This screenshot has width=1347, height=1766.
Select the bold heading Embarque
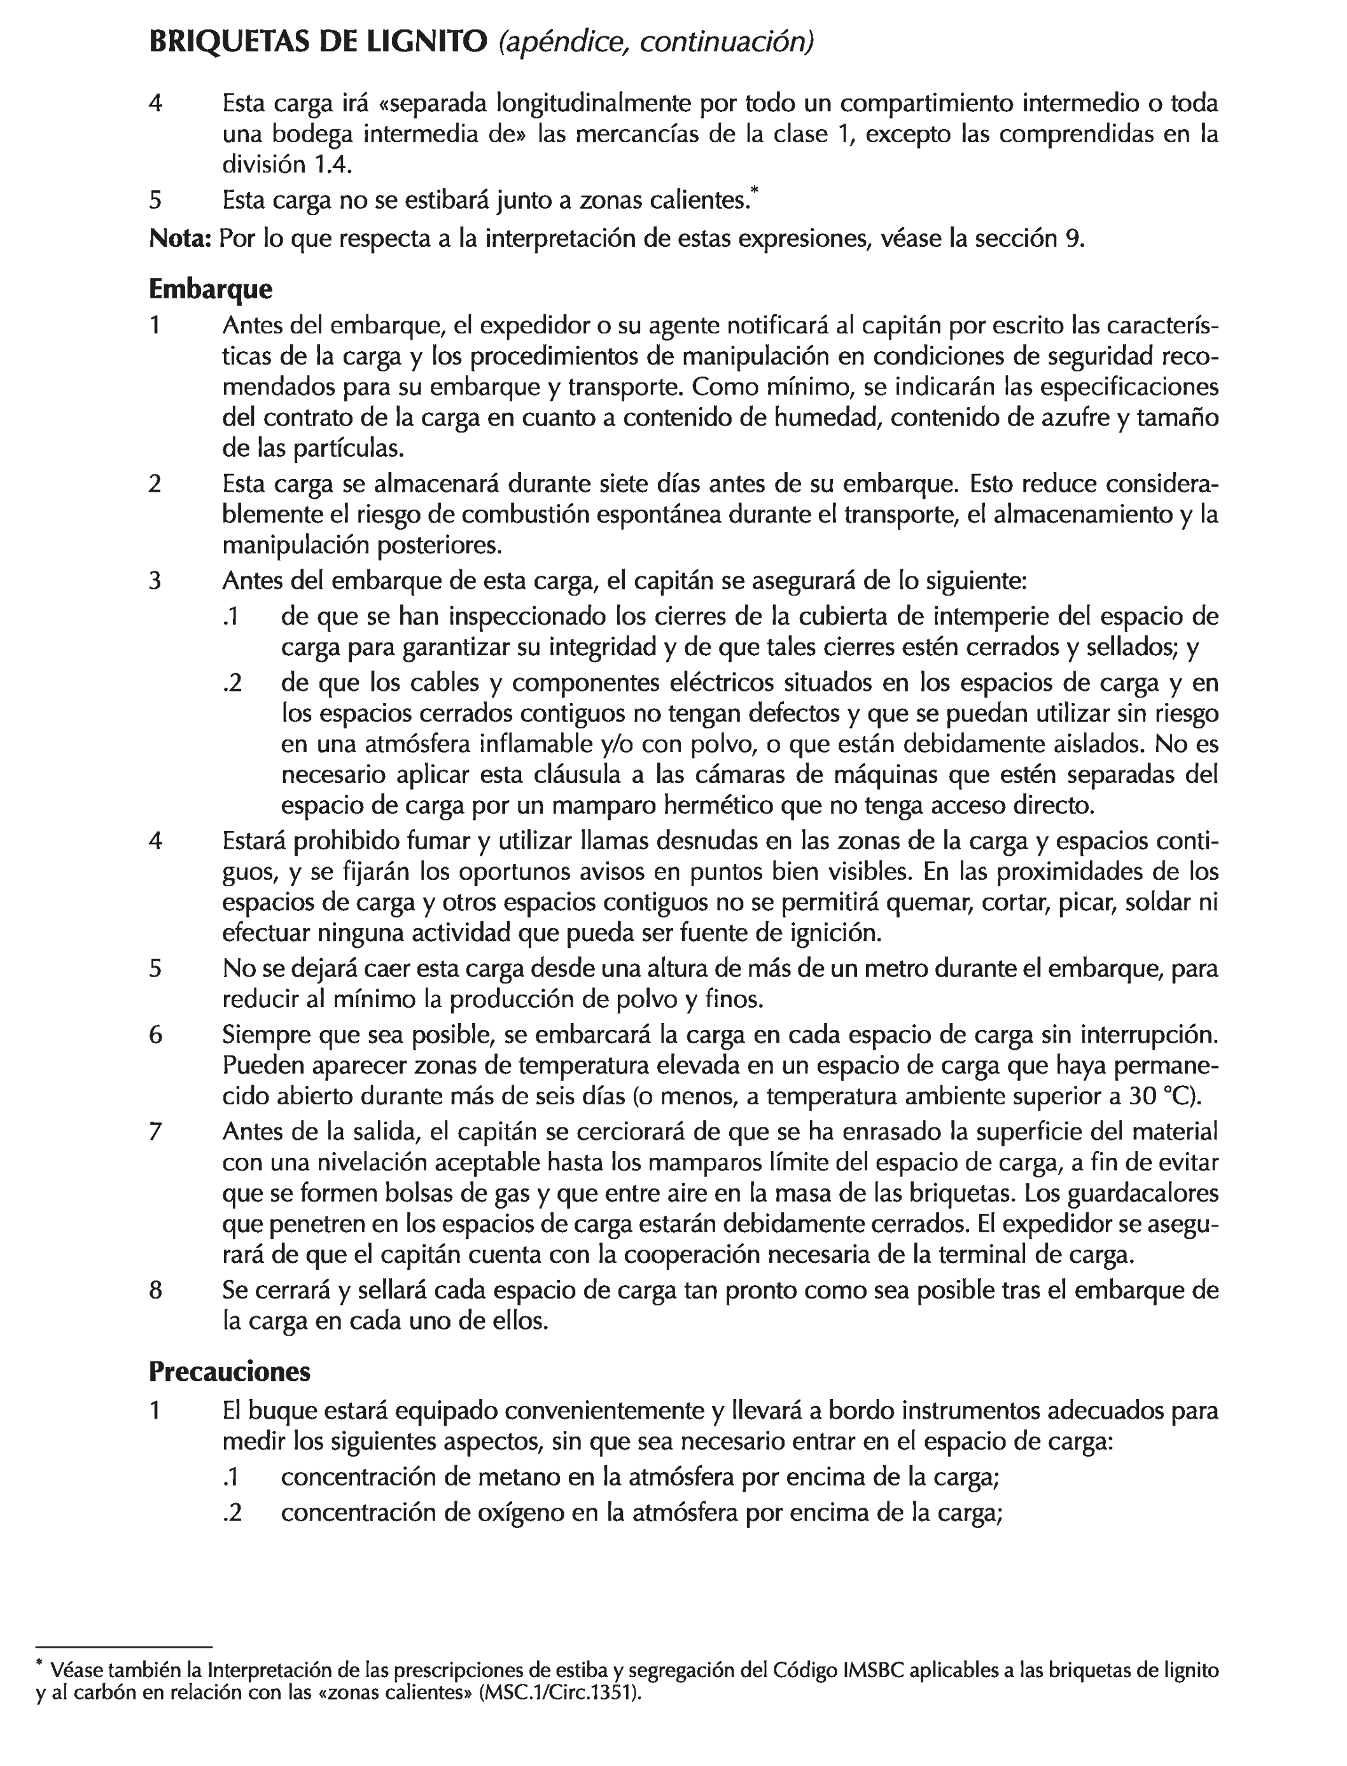(210, 289)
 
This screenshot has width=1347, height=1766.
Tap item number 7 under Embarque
(155, 1132)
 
